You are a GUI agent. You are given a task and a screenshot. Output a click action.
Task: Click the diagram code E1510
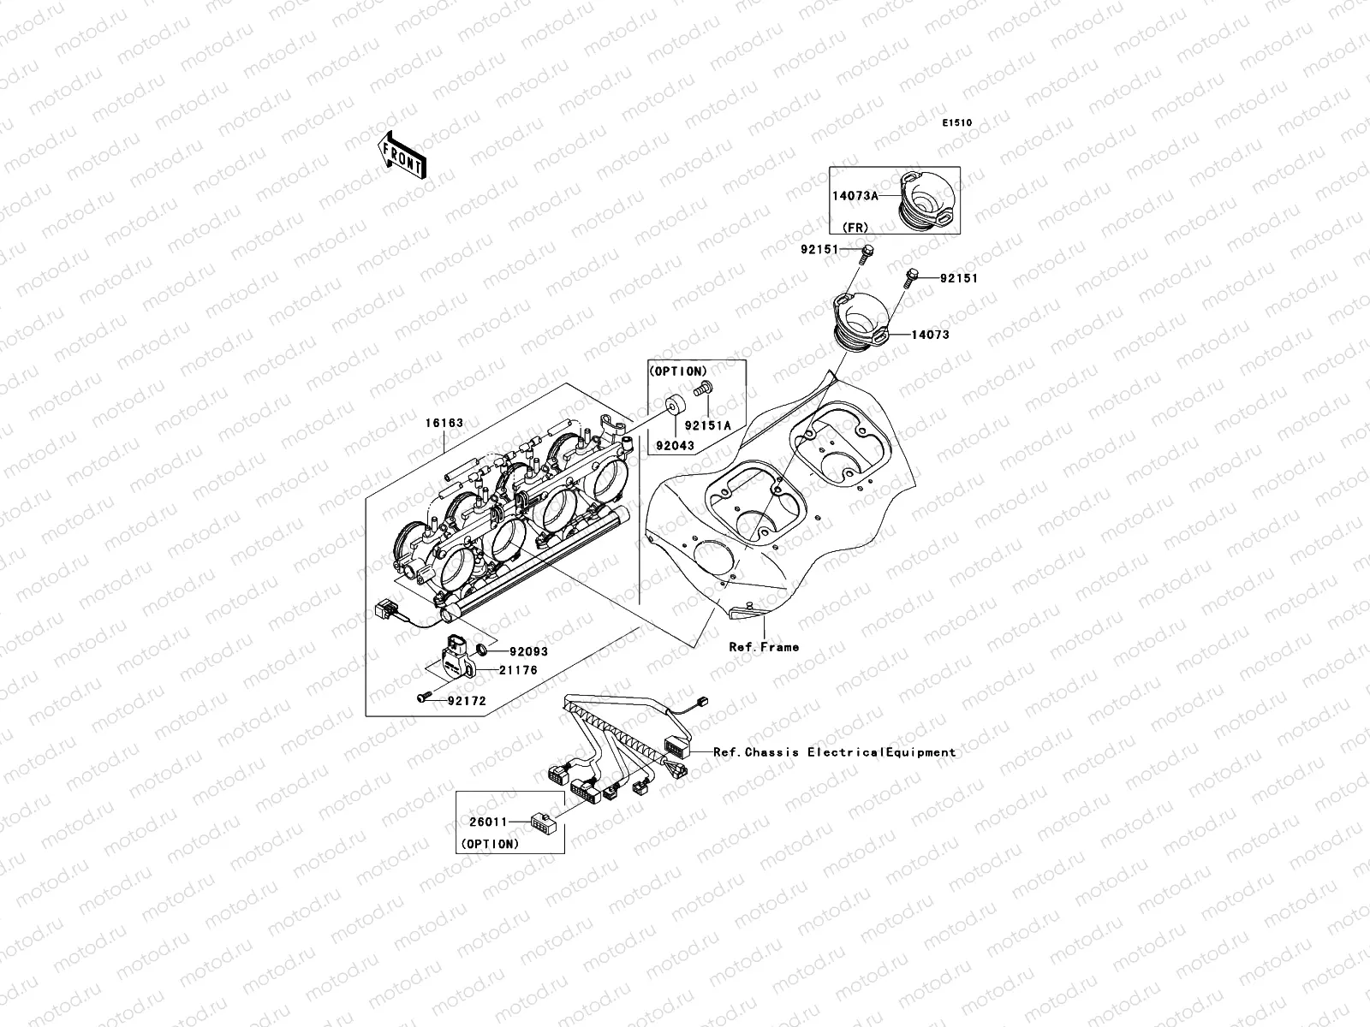click(957, 123)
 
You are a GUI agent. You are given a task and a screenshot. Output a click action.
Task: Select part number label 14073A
click(855, 195)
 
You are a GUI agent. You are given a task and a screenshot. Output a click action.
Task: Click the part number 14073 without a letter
click(930, 335)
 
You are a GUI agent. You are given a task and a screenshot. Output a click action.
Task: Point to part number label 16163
click(444, 423)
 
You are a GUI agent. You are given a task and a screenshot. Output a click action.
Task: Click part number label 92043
click(675, 445)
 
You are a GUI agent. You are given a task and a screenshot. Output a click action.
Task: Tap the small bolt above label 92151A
click(703, 389)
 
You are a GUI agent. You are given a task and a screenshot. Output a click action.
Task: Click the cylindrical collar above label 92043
click(673, 405)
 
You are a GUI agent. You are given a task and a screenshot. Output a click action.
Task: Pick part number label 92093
click(528, 651)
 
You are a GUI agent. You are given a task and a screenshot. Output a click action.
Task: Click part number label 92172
click(466, 701)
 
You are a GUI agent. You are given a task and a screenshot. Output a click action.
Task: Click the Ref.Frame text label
click(764, 647)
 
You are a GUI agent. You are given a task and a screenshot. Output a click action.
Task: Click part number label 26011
click(488, 822)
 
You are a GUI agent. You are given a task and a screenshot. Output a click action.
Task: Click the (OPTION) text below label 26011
click(491, 844)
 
